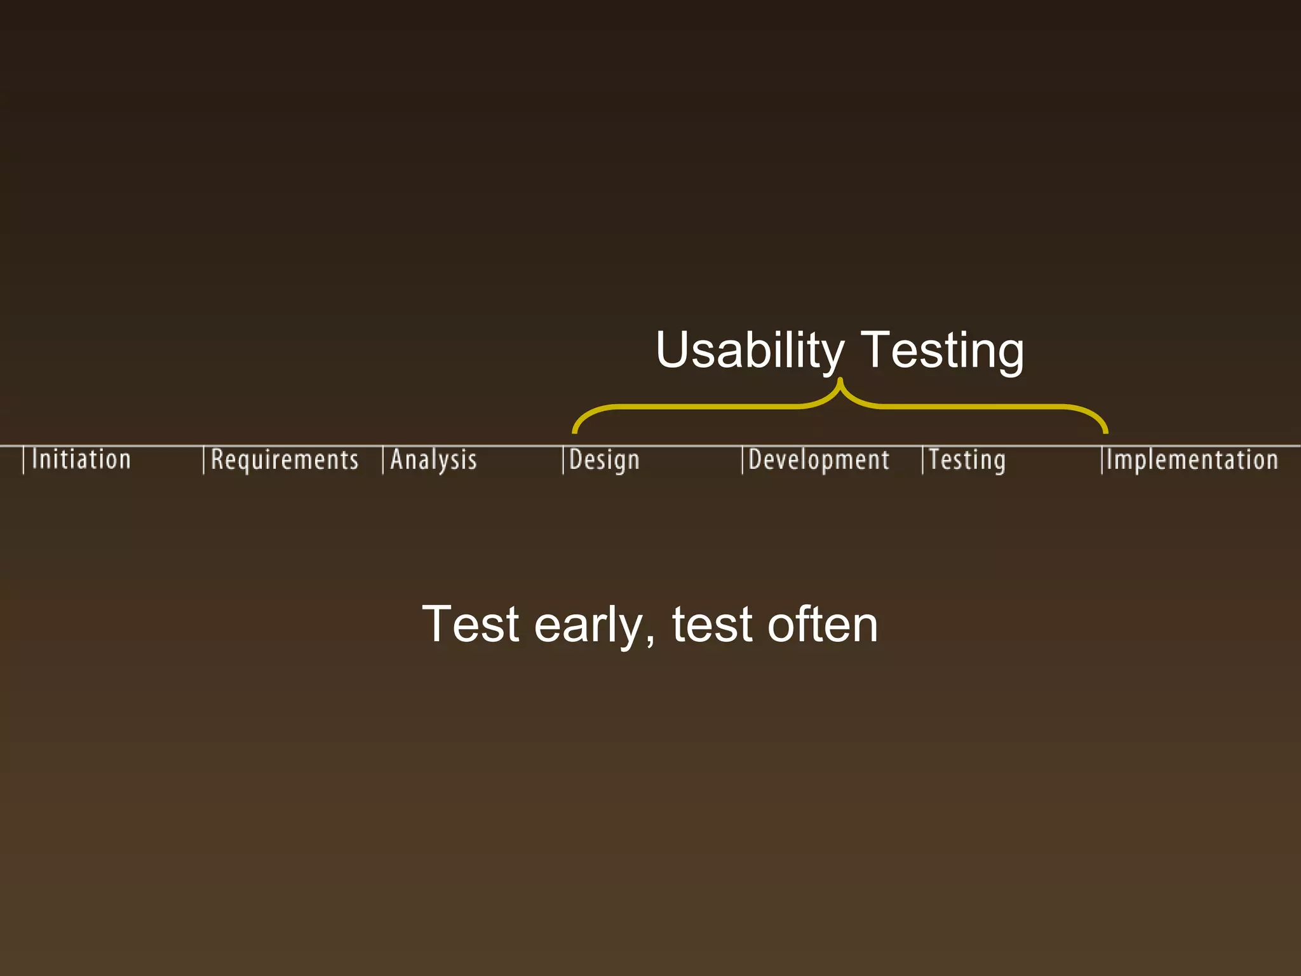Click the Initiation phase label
pos(81,459)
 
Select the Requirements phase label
pos(285,460)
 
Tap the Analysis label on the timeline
pos(433,460)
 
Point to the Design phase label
pos(604,460)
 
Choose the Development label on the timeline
pos(819,460)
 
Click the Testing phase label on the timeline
pos(967,460)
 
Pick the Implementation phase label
pos(1192,460)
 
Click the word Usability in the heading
pos(750,350)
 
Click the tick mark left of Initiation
pos(24,461)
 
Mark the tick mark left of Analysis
pos(383,461)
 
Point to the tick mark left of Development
pos(743,461)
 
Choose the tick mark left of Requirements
pos(203,461)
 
